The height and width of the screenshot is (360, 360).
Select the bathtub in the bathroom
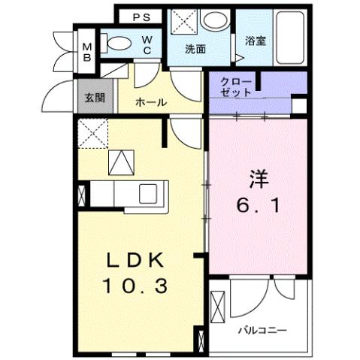pyautogui.click(x=288, y=37)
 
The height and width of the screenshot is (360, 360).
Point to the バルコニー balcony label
pyautogui.click(x=263, y=329)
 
